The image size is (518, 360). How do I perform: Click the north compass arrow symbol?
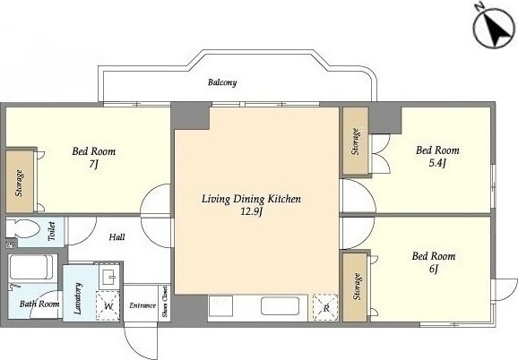(x=494, y=29)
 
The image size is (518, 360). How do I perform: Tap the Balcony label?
(x=222, y=82)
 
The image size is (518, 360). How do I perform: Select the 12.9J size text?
(x=252, y=211)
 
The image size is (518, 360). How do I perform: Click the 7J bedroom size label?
(x=94, y=164)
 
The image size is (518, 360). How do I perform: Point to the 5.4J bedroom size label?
(x=437, y=163)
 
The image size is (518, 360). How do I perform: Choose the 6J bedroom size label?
(x=434, y=269)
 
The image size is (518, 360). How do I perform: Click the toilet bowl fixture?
(x=23, y=227)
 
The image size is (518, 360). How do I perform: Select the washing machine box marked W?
(x=108, y=305)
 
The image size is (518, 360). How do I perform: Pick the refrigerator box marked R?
(x=325, y=307)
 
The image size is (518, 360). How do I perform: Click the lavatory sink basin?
(x=109, y=277)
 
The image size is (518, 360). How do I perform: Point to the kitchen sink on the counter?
(x=281, y=306)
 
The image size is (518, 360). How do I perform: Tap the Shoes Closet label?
(x=165, y=303)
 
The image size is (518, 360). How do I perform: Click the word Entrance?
(x=142, y=305)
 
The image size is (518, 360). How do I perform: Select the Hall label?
(x=117, y=237)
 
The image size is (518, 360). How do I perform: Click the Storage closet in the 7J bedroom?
(x=20, y=182)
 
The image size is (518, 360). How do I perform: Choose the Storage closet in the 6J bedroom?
(x=356, y=287)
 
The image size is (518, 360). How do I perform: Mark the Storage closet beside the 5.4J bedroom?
(x=356, y=141)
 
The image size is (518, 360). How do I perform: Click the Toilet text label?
(x=51, y=231)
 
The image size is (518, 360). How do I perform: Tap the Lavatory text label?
(x=78, y=298)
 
